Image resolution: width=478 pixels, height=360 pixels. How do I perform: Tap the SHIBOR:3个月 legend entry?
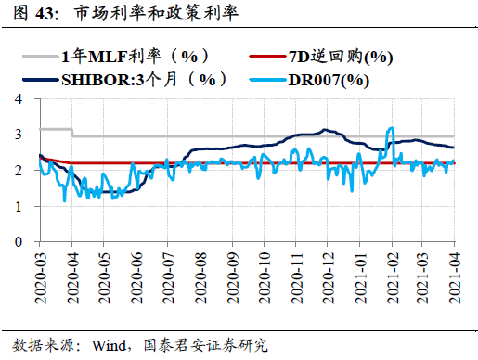click(x=143, y=79)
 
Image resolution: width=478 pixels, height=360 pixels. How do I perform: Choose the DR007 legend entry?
click(x=330, y=79)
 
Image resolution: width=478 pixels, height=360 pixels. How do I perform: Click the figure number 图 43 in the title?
click(x=27, y=15)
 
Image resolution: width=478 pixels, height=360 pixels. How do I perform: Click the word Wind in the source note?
click(x=110, y=345)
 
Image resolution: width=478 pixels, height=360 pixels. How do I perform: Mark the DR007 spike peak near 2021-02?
click(x=393, y=128)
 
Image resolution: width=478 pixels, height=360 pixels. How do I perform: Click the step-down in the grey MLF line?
click(x=72, y=133)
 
